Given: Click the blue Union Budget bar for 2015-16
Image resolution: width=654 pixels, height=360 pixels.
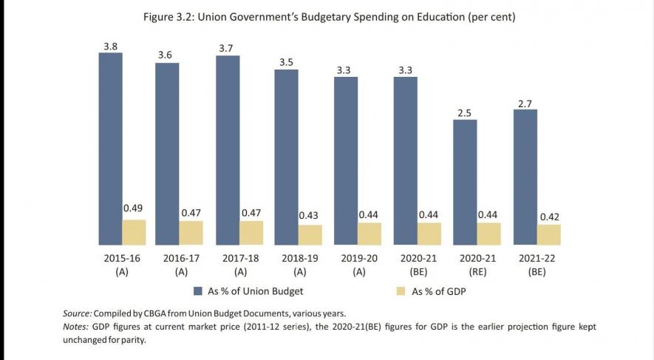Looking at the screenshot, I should coord(110,148).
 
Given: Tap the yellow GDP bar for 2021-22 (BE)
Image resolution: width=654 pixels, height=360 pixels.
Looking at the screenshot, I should coord(548,234).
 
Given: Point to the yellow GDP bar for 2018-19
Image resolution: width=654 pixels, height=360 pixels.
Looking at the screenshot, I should coord(310,234).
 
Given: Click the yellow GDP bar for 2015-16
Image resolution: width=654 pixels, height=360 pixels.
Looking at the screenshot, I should coord(134,232).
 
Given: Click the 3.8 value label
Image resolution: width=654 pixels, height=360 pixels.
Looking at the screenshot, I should coord(110,46).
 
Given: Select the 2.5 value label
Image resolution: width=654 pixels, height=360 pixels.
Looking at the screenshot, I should coord(464,112).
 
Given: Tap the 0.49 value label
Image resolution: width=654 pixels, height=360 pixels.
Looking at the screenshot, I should coord(133,208).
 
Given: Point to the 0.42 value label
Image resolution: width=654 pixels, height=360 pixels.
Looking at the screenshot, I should coord(548,217).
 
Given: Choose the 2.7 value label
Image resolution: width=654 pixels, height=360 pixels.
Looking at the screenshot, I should coord(525,103).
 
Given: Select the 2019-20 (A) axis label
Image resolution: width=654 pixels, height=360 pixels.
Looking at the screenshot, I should coord(358,265).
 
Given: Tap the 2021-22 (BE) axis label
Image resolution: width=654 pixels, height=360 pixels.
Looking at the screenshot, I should coord(536,265).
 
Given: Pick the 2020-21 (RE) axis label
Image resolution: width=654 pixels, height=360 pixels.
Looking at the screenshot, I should coord(477,265).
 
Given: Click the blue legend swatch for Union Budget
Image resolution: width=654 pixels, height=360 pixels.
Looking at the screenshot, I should coord(198,291).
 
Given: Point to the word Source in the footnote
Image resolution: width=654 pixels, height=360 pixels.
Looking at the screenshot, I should coord(77,313).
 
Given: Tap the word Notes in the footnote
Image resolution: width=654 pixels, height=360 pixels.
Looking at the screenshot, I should coord(76,326).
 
